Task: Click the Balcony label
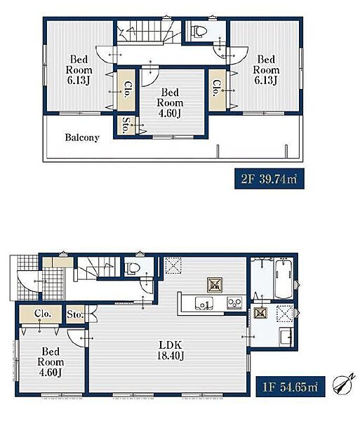82,138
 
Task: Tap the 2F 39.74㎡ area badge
269,179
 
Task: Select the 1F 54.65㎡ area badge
291,387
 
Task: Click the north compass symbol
343,383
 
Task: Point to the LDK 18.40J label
171,350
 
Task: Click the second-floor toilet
199,31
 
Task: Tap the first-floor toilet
133,267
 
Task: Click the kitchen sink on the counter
204,304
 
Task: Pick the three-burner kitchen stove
234,303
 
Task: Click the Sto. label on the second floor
126,125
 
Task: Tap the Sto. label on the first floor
75,314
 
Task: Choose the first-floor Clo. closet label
43,314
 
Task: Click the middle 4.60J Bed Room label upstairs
170,103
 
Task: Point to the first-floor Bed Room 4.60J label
51,362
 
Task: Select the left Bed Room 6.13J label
79,69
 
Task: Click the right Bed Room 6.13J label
266,69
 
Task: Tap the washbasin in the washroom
286,335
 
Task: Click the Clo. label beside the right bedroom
216,88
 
